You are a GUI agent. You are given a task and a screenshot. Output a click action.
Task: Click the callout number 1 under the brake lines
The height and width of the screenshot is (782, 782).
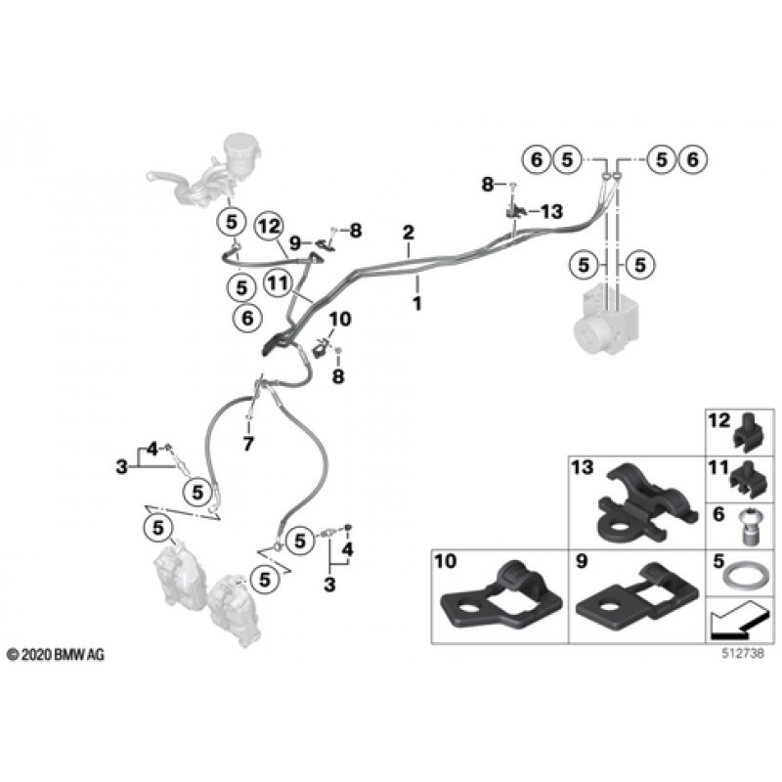417,303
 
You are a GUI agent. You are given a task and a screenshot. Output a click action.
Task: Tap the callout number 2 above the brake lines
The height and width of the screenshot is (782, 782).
409,233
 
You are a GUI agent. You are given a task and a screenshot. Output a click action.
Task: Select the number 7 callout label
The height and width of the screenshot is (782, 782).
248,444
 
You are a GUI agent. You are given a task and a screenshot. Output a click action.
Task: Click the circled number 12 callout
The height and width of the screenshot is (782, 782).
269,227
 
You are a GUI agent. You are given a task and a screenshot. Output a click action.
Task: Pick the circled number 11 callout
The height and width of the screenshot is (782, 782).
278,283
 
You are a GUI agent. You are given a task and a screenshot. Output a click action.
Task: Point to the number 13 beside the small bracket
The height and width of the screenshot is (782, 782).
551,211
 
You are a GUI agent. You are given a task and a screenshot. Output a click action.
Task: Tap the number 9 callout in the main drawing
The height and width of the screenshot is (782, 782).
295,243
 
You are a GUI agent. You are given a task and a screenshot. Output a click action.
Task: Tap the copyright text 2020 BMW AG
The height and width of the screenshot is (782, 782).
56,655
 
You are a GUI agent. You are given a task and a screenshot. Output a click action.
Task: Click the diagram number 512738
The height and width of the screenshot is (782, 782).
743,653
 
